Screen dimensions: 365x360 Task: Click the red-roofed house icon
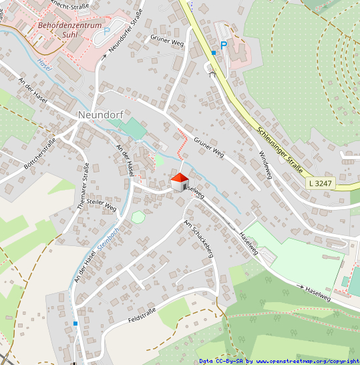180,181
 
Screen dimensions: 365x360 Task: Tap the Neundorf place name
102,114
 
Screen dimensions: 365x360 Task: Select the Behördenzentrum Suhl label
70,30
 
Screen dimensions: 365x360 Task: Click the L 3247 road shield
321,182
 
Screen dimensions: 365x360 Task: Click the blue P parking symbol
224,45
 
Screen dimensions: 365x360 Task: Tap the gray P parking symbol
106,31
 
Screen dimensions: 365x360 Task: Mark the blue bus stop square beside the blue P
214,52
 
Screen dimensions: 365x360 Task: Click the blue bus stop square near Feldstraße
75,324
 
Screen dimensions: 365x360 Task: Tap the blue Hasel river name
45,65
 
